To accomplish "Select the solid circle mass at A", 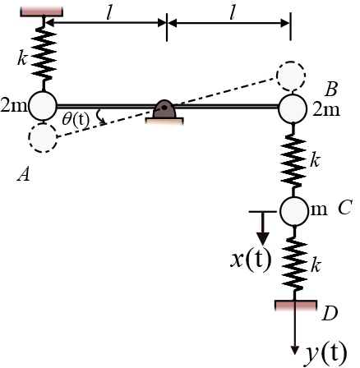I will [44, 106].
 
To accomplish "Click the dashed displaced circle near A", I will [42, 138].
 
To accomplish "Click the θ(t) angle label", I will [76, 120].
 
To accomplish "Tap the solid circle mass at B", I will [293, 107].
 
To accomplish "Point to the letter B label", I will [332, 89].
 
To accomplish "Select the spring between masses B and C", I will [293, 159].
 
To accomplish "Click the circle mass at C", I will [293, 211].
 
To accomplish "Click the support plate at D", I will [296, 306].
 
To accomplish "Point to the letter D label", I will [329, 313].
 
